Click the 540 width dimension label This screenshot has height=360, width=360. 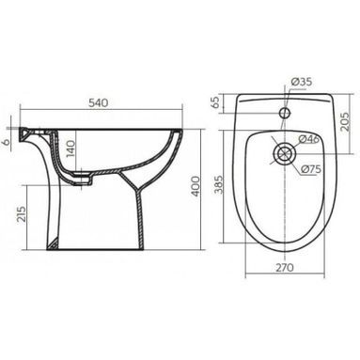pos(98,102)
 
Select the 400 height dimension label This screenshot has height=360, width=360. pos(196,186)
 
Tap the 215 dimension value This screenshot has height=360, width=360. pos(22,214)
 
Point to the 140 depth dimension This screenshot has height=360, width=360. pos(70,149)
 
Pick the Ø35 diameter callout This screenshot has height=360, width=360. pos(302,82)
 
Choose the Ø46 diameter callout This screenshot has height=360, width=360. pos(308,139)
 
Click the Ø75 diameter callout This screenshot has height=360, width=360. pos(311,169)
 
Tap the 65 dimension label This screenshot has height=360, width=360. pos(216,102)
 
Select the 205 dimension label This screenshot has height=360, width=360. pos(345,122)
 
